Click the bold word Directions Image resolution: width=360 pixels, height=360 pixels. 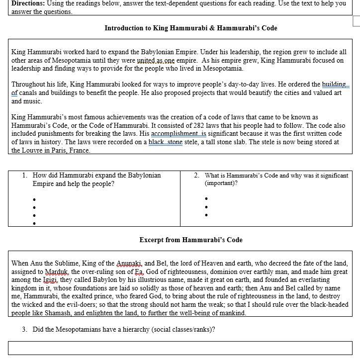coord(27,3)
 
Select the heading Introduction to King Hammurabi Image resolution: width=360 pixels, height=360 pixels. coord(191,28)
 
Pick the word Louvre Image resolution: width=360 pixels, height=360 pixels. coord(36,151)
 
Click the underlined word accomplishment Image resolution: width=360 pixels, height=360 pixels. coord(179,134)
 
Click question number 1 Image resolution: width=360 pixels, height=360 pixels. coord(25,176)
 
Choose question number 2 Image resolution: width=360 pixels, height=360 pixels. coord(197,176)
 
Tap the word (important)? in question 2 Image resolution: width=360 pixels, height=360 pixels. coord(221,183)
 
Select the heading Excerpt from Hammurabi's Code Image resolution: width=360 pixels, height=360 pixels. coord(191,240)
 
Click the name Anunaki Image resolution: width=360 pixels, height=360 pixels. coord(129,264)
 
